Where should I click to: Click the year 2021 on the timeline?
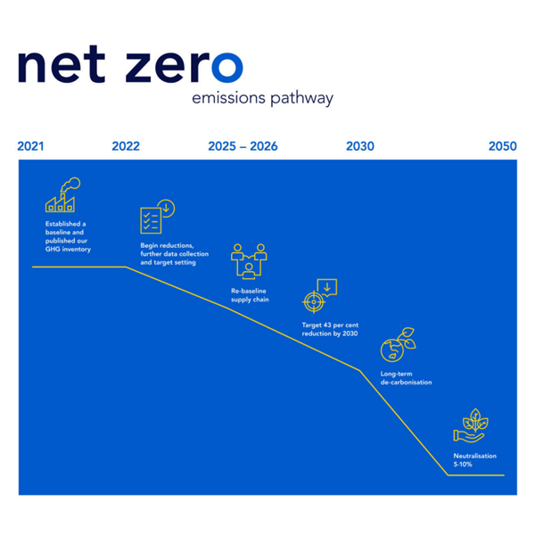(x=30, y=146)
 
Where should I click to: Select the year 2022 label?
(x=126, y=146)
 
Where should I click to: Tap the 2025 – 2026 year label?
(x=243, y=146)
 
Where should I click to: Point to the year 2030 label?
(x=360, y=146)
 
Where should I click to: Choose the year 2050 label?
(x=502, y=146)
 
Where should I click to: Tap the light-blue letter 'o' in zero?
(x=226, y=68)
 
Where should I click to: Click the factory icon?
(x=62, y=195)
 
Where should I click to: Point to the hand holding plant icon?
(x=470, y=426)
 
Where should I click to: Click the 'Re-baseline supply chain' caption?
(x=250, y=295)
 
